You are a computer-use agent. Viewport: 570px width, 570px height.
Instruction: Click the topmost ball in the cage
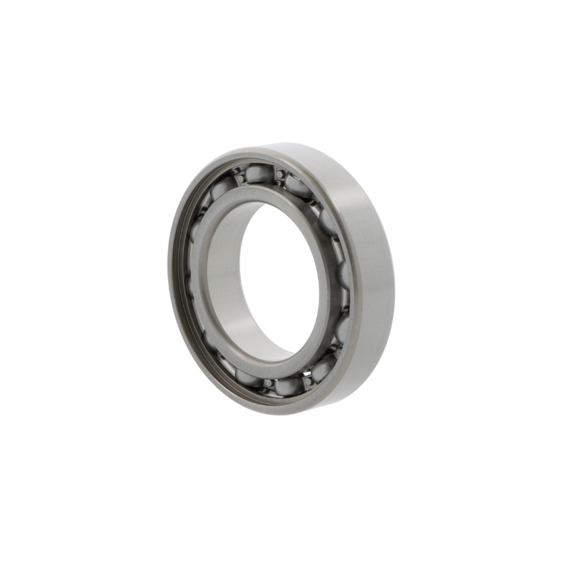coord(259,173)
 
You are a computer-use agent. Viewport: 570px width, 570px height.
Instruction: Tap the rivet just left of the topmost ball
coord(241,178)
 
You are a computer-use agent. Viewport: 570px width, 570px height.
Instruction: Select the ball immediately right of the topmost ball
coord(297,185)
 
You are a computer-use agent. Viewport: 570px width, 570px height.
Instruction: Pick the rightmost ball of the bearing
coord(345,274)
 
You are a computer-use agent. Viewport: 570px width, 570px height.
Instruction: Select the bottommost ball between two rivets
coord(288,386)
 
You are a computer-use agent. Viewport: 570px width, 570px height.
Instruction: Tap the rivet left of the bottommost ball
coord(269,383)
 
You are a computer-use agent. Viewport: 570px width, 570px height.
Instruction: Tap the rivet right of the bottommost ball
coord(308,381)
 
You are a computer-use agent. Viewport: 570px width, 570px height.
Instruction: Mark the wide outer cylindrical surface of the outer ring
coord(374,271)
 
